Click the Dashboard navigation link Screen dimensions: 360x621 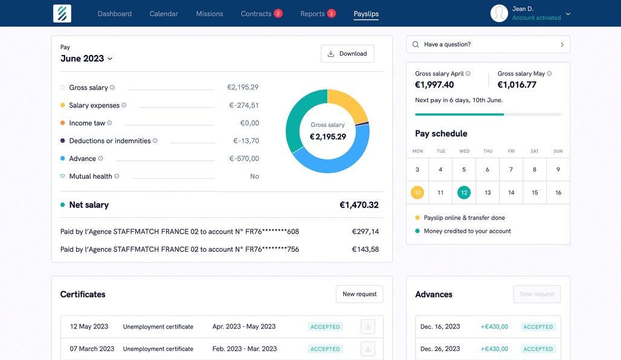(114, 14)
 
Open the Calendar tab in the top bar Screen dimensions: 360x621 (164, 14)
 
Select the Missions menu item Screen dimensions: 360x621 (209, 14)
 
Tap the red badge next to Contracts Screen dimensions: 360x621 (278, 13)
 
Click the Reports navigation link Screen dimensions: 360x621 (312, 14)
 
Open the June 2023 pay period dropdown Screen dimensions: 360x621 (86, 59)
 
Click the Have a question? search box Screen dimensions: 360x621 (487, 44)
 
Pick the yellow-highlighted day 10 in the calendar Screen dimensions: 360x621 (417, 193)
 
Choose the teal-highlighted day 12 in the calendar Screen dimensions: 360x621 (464, 193)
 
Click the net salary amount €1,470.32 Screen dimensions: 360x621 (359, 205)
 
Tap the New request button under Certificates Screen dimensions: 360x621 (359, 294)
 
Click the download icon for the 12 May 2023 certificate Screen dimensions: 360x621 (368, 327)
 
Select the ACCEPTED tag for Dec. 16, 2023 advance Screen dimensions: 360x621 (538, 327)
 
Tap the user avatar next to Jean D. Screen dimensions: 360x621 (499, 13)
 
